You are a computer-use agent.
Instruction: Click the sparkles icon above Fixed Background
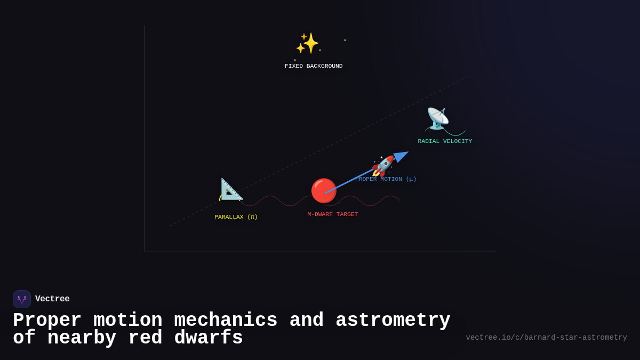(307, 43)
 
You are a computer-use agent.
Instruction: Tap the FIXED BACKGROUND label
(314, 66)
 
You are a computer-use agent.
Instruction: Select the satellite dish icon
(437, 118)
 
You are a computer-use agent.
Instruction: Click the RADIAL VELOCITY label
(445, 141)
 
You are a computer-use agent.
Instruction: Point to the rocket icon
(383, 166)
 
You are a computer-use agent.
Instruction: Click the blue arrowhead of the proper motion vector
(402, 156)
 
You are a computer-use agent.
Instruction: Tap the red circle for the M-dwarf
(324, 190)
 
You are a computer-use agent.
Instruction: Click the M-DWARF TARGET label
(332, 214)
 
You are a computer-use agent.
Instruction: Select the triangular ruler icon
(231, 189)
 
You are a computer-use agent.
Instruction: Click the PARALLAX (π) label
(236, 217)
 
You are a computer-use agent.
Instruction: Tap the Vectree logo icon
(22, 299)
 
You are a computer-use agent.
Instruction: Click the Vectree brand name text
(52, 299)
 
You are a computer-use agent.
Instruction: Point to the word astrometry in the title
(393, 321)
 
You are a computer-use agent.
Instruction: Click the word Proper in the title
(47, 321)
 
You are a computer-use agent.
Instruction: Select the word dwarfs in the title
(209, 338)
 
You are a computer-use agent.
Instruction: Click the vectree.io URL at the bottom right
(546, 338)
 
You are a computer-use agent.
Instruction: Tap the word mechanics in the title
(226, 321)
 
